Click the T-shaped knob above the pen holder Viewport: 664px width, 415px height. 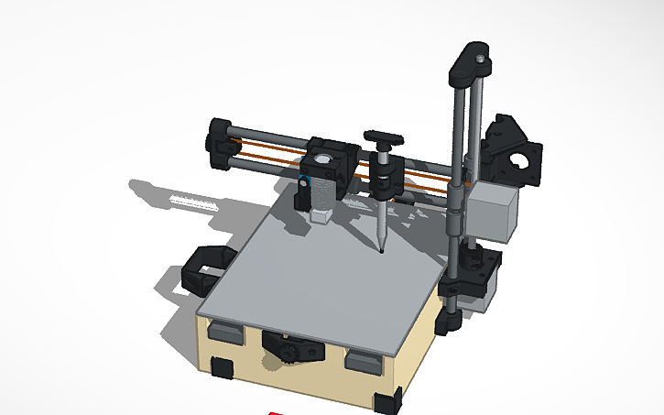(x=383, y=139)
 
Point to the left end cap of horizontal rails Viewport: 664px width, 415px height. (x=220, y=145)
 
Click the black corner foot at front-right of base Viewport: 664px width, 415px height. (x=387, y=399)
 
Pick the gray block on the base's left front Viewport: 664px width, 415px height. (x=225, y=332)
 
